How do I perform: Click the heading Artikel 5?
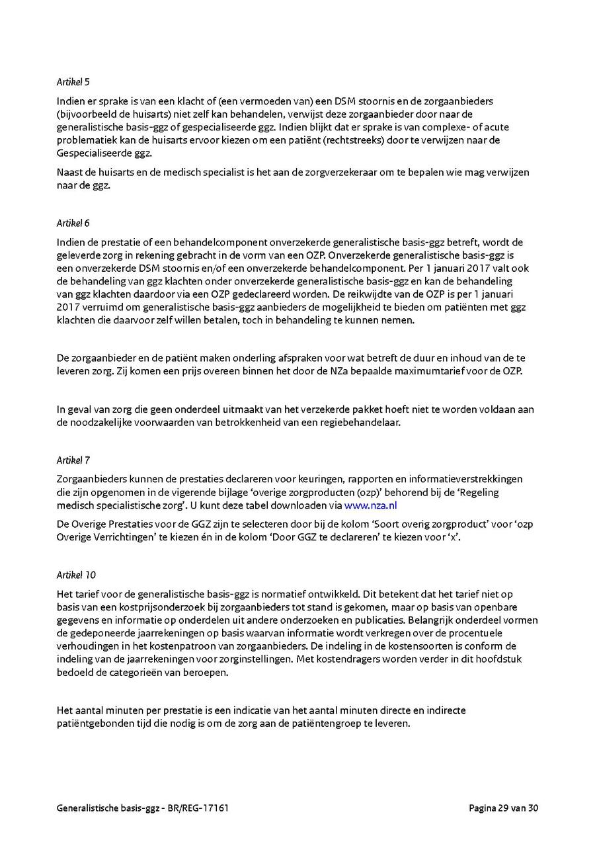point(73,83)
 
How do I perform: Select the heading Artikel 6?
point(73,224)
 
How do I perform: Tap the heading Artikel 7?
point(73,460)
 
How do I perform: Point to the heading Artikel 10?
point(75,575)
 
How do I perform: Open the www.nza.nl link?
point(370,505)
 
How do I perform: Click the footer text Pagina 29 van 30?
point(504,808)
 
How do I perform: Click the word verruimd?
point(104,308)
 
